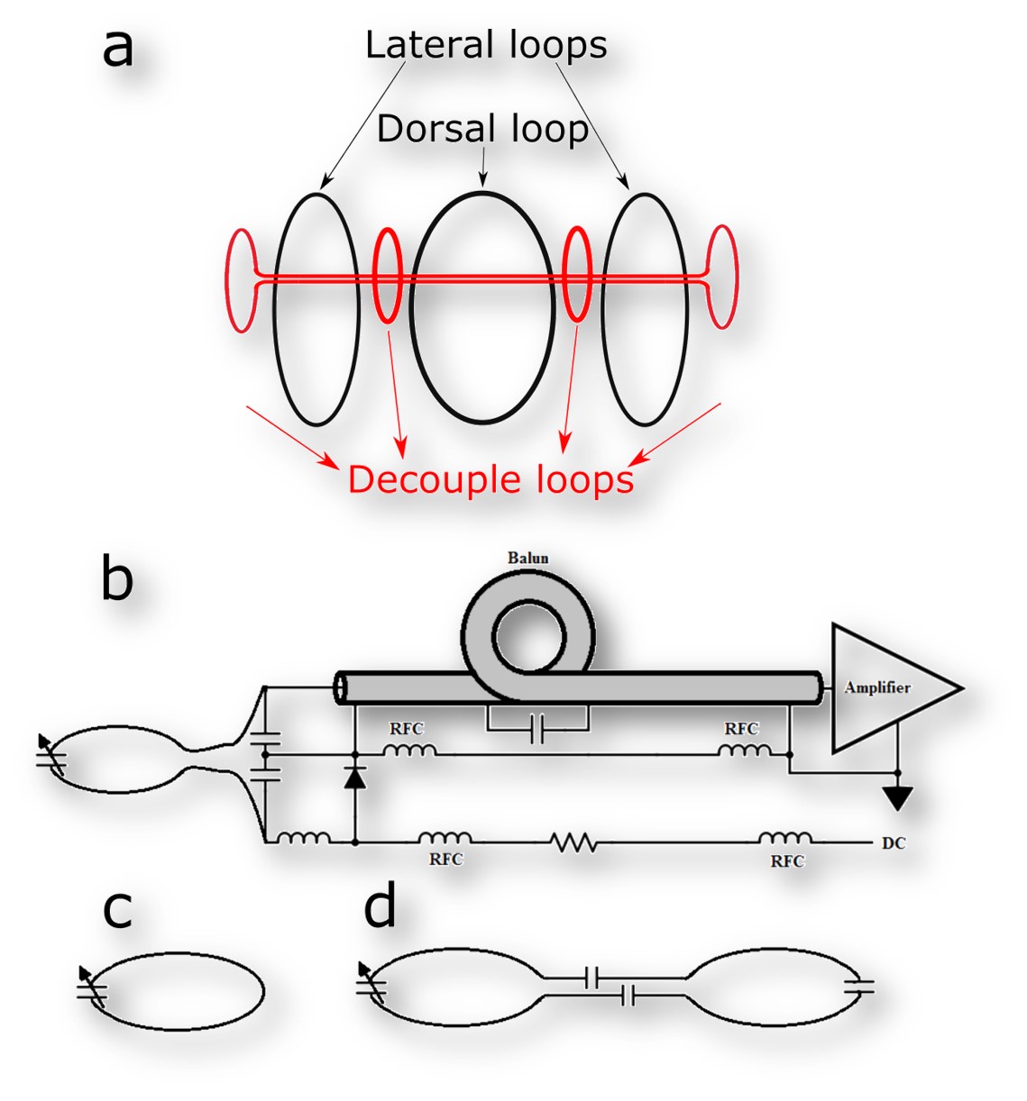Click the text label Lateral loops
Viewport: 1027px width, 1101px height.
486,45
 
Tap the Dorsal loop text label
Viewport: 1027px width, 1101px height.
482,129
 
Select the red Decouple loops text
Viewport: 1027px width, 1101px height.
491,479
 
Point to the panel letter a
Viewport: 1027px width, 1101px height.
118,47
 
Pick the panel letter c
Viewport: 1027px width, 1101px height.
117,910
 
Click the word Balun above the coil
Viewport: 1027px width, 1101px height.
527,558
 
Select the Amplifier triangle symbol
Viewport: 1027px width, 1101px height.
888,687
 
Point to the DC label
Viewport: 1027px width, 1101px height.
893,844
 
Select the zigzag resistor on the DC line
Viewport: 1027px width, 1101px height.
573,843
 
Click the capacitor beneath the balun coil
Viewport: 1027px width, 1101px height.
537,730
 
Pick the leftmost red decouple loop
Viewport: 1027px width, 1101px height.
242,279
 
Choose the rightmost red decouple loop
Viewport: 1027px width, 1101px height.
721,277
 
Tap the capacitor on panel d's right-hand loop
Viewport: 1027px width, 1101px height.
861,987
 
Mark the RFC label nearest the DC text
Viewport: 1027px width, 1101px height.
786,861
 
